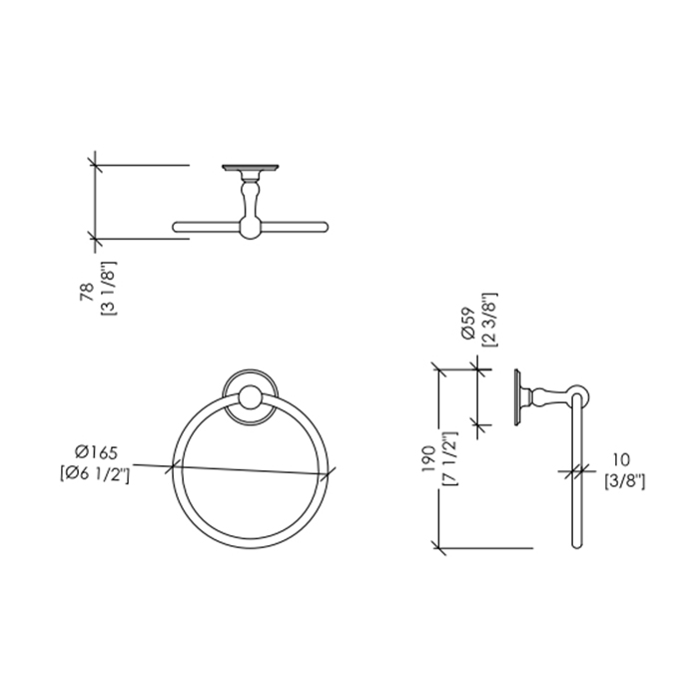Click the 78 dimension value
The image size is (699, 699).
click(88, 292)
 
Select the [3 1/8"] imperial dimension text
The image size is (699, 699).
click(109, 289)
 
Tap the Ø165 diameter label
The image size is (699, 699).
click(96, 452)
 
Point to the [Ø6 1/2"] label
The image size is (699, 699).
click(95, 475)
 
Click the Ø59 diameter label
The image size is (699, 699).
click(468, 325)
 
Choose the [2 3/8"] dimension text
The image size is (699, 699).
click(490, 321)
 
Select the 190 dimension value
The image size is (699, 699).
click(428, 459)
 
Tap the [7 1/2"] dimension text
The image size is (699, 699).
click(449, 458)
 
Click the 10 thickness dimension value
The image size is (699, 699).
click(620, 459)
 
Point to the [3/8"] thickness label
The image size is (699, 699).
click(624, 481)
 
